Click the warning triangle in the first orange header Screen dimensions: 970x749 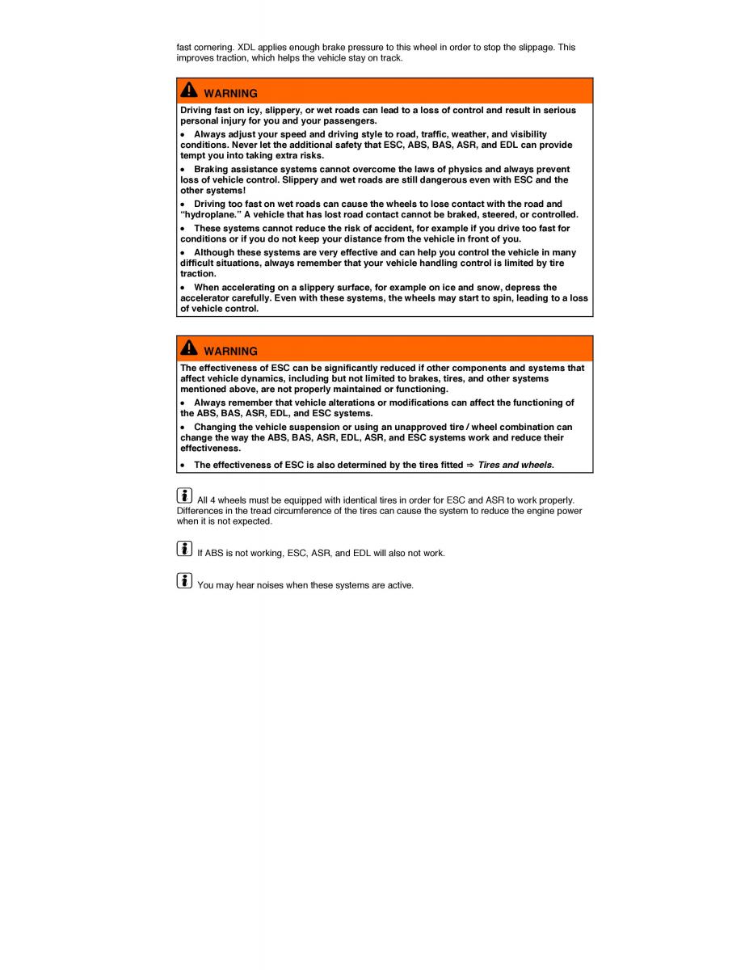pos(188,91)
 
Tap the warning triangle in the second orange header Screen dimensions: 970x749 pos(188,348)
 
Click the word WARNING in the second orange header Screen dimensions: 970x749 pos(230,352)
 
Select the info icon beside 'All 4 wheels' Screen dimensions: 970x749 pos(185,496)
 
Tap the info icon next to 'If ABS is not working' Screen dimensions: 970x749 pos(185,549)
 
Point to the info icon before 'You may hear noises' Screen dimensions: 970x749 pos(185,580)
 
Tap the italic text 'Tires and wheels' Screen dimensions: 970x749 pos(515,465)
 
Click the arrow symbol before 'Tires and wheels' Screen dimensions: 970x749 pos(470,465)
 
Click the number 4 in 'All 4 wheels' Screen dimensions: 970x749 pos(213,500)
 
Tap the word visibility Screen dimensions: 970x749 pos(524,134)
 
